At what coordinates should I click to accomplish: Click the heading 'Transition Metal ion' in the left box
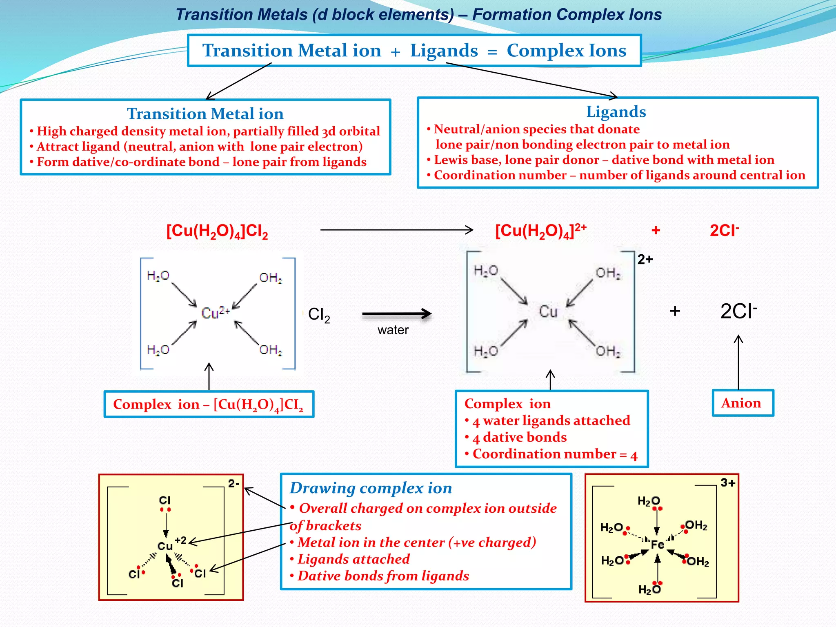click(205, 114)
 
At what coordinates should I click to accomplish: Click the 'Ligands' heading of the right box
click(616, 112)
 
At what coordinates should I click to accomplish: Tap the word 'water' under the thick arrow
click(393, 330)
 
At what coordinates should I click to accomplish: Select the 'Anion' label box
click(743, 403)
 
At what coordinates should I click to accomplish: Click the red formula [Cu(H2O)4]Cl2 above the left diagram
click(217, 231)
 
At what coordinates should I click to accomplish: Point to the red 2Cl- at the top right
click(724, 231)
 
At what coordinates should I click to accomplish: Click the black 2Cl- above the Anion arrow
click(738, 311)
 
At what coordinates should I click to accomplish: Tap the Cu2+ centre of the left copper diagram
click(215, 313)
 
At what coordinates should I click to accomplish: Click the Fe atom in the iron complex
click(657, 545)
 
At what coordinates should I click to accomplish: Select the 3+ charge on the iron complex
click(728, 483)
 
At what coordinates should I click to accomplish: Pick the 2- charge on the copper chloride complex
click(233, 484)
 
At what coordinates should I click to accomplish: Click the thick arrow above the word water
click(397, 314)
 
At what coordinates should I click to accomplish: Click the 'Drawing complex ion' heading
click(371, 488)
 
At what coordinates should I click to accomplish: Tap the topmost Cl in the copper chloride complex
click(165, 500)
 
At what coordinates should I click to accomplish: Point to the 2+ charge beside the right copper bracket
click(645, 260)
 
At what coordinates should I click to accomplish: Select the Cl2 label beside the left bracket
click(319, 315)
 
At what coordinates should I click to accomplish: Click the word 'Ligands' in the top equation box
click(444, 51)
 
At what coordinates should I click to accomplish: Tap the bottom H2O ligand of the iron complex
click(649, 589)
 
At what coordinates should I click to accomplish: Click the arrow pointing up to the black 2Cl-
click(738, 361)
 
